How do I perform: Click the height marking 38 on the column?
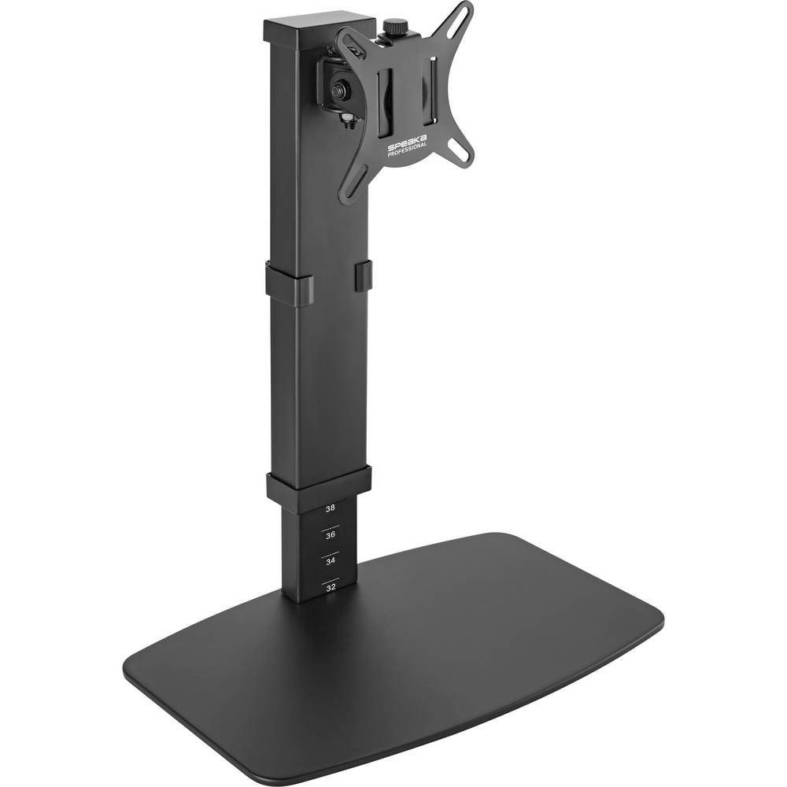[x=330, y=508]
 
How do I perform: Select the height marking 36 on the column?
[x=331, y=535]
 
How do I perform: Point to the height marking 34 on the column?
[x=331, y=561]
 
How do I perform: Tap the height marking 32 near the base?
[x=331, y=587]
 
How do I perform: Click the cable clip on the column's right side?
[x=362, y=277]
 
